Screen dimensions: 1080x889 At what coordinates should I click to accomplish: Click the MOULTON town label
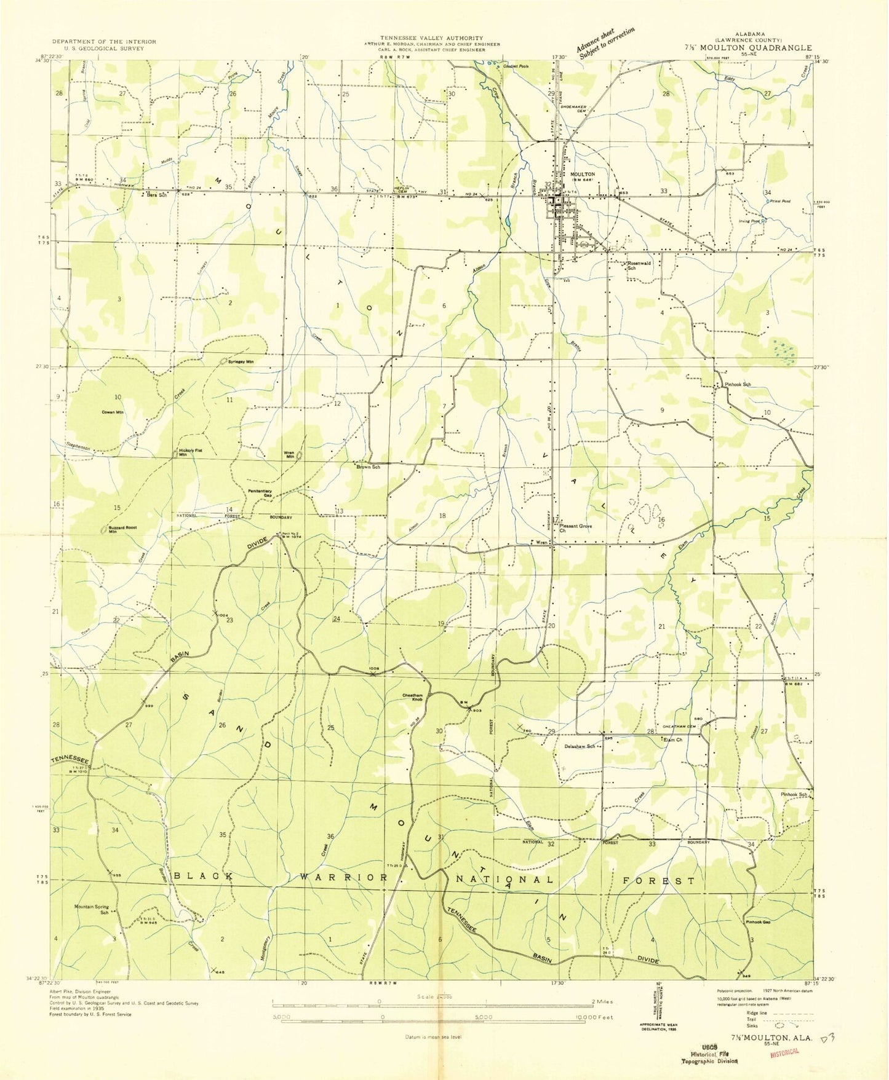(x=583, y=174)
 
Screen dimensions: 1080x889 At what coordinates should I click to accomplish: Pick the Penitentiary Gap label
(x=260, y=492)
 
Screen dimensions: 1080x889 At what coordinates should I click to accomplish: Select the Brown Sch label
(x=368, y=467)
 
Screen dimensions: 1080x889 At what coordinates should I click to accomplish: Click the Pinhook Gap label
(x=758, y=922)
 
